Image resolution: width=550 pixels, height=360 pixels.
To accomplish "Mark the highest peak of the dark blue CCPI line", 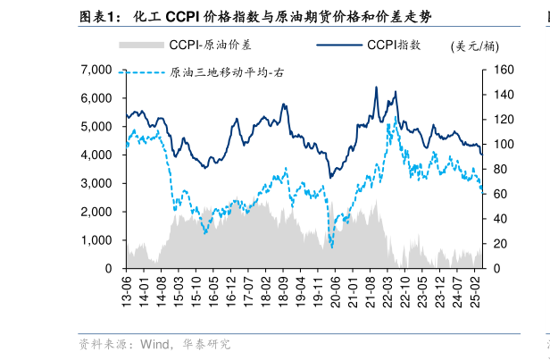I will (376, 88).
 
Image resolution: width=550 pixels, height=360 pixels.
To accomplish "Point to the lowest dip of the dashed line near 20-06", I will (331, 247).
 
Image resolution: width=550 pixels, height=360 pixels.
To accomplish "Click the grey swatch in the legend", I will (141, 45).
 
